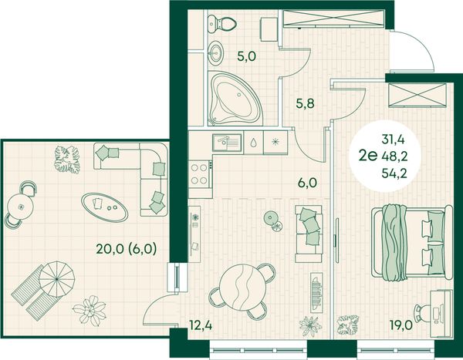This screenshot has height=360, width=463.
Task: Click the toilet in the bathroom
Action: click(x=221, y=24)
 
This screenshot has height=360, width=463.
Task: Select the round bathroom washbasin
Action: click(x=216, y=53)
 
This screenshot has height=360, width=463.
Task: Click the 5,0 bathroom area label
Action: click(x=247, y=56)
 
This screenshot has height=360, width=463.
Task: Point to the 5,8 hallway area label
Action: click(x=306, y=103)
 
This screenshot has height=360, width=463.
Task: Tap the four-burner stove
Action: click(x=200, y=174)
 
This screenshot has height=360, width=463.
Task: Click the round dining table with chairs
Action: click(x=243, y=291)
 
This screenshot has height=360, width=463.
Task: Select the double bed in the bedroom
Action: click(x=412, y=242)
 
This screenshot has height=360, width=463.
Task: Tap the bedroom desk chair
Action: click(x=422, y=313)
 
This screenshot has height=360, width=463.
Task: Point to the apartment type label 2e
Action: click(x=368, y=156)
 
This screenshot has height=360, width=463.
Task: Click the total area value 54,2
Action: click(x=394, y=173)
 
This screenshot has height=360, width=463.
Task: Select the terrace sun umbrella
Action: click(x=57, y=279)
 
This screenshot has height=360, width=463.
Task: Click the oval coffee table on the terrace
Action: click(x=104, y=207)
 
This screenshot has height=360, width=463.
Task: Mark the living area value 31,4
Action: click(x=393, y=140)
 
